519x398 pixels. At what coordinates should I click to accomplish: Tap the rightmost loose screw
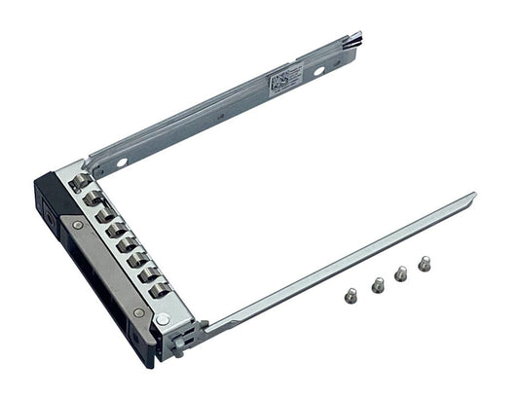[424, 263]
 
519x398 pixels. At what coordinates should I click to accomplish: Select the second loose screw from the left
[378, 284]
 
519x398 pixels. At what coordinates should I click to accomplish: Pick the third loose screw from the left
[400, 274]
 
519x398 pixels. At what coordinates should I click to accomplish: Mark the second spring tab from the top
[93, 198]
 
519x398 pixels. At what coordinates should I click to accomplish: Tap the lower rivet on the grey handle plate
[138, 312]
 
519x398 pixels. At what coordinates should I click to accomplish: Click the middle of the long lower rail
[341, 263]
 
